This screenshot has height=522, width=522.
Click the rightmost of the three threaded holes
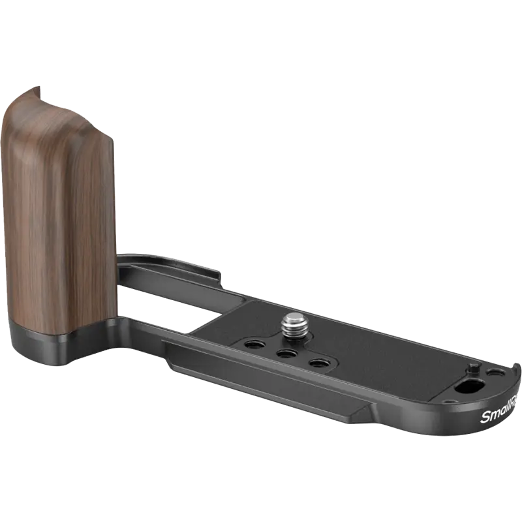point(318,363)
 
